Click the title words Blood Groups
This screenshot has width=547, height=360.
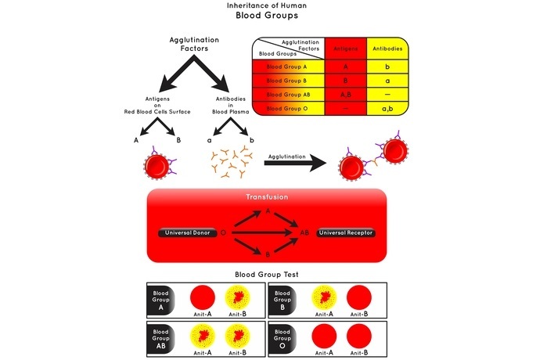point(273,14)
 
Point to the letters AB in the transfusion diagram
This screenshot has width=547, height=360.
point(304,232)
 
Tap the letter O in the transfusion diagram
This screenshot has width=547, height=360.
point(225,232)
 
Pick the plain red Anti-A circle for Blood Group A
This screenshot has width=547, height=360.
point(202,297)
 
